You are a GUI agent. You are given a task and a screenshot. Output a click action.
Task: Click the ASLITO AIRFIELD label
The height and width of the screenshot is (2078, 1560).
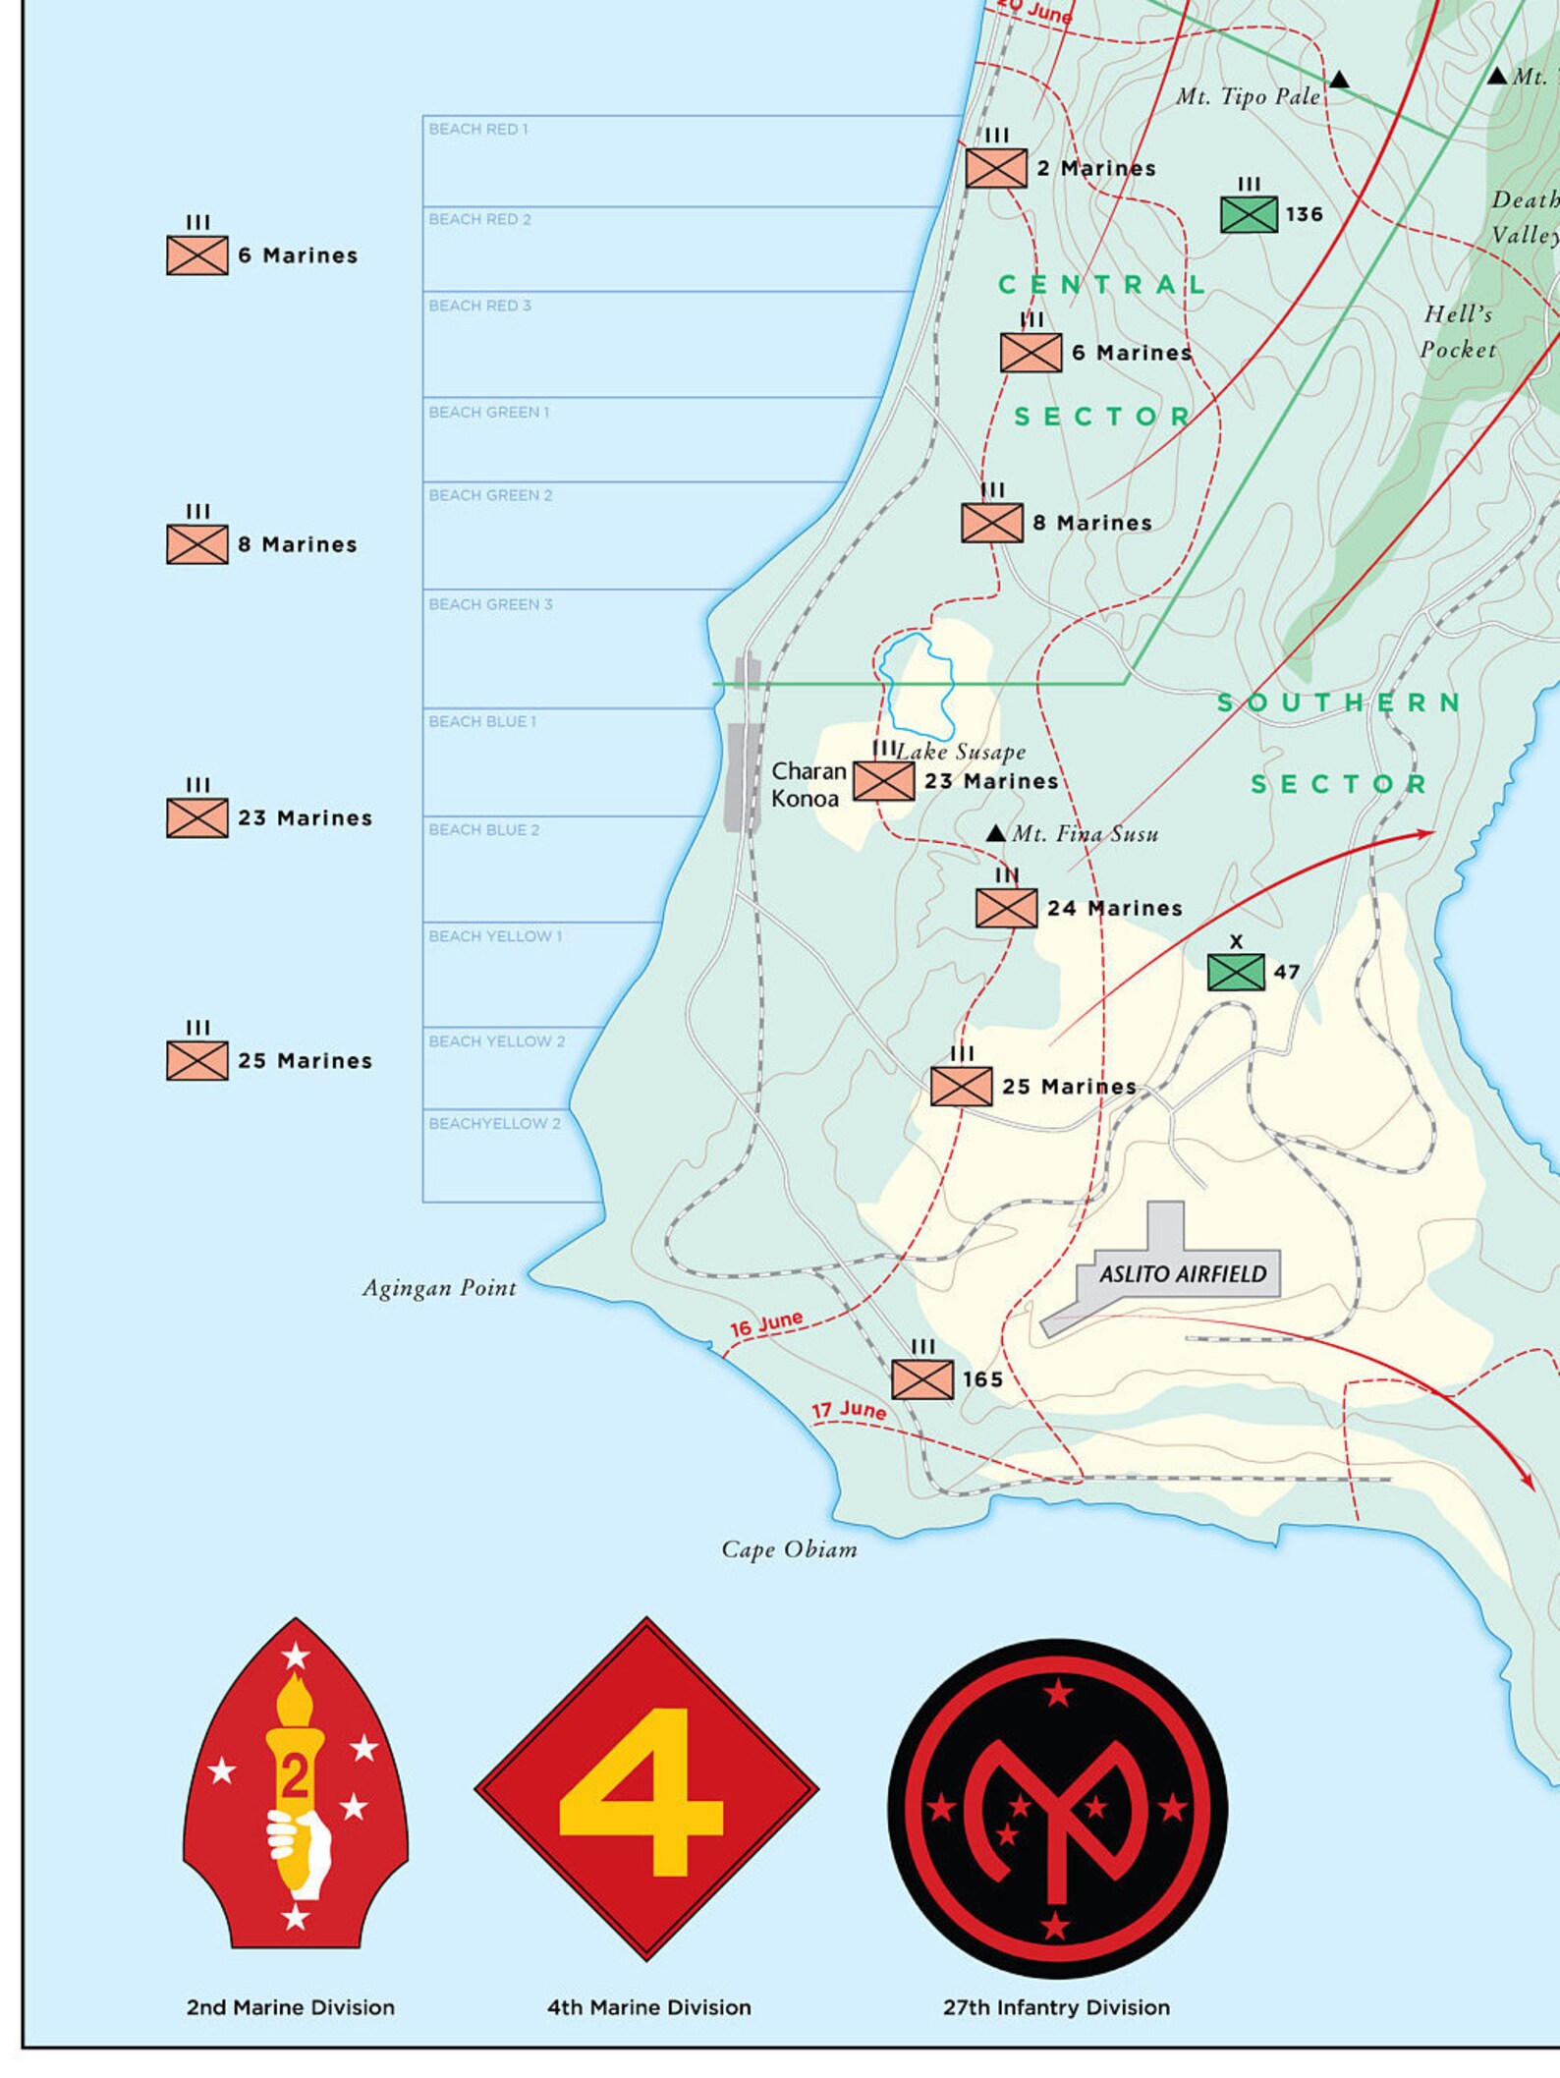pos(1183,1274)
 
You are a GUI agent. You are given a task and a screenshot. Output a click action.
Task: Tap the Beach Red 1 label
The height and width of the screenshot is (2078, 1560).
pos(478,129)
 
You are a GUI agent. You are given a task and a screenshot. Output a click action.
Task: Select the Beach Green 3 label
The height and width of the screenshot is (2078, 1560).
pos(490,604)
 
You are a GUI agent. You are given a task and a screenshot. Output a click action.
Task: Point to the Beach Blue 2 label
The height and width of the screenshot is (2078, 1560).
pos(483,830)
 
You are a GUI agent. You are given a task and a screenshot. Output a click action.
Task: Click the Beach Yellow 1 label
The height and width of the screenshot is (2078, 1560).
pos(495,936)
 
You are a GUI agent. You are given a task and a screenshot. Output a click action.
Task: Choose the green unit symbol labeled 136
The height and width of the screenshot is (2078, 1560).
pos(1249,214)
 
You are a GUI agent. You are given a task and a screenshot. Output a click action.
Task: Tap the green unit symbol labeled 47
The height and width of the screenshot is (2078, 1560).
pos(1236,972)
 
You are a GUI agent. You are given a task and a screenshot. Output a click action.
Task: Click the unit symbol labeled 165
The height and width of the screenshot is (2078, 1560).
pos(922,1378)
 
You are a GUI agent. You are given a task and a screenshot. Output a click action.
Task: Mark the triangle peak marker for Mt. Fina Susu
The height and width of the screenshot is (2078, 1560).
pos(995,833)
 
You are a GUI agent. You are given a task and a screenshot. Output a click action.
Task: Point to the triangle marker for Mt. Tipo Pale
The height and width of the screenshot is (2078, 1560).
pos(1339,80)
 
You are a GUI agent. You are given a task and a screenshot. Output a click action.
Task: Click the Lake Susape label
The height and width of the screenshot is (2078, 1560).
pos(962,752)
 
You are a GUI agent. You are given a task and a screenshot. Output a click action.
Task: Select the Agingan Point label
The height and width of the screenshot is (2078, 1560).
pos(439,1288)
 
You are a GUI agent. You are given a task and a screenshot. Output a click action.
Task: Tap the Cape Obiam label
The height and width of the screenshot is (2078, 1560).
pos(789,1549)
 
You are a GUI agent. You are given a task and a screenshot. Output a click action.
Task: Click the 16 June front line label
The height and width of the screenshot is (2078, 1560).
pos(766,1324)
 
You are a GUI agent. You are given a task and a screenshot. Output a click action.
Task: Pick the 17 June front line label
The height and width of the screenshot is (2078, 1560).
pos(848,1411)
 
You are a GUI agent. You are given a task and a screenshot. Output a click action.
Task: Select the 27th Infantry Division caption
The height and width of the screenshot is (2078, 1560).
pos(1056,2007)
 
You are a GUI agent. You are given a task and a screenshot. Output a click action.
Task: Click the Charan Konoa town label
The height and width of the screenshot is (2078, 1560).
pos(808,784)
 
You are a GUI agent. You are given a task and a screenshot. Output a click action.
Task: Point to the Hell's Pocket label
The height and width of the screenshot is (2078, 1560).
pos(1458,331)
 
